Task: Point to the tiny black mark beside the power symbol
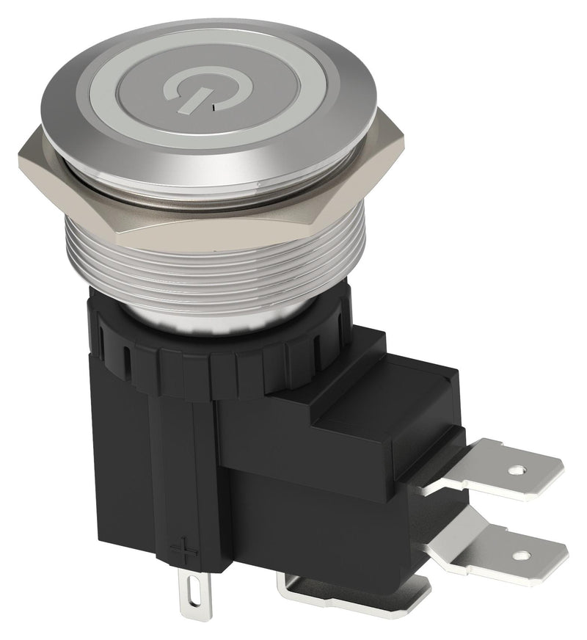coord(214,106)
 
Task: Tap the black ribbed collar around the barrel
coord(220,367)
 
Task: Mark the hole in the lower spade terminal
coord(522,556)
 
